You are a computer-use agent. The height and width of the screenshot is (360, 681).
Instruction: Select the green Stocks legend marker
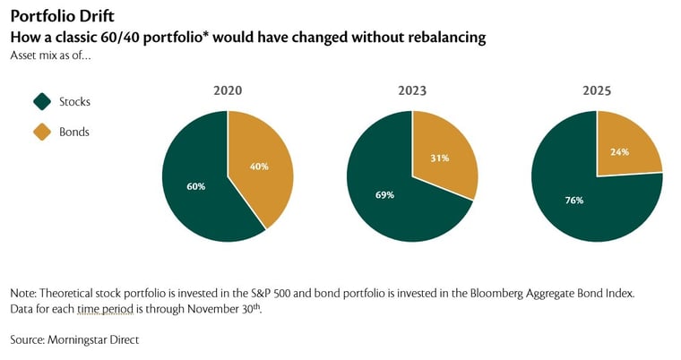click(41, 101)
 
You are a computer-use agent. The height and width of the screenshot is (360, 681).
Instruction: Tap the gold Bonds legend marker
click(41, 132)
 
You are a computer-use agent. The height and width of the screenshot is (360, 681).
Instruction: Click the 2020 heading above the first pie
click(228, 90)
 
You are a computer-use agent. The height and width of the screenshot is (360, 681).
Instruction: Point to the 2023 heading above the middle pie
click(412, 90)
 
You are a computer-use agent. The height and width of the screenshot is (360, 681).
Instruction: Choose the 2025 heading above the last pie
click(597, 90)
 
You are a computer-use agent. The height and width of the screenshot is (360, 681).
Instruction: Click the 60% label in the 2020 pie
click(196, 186)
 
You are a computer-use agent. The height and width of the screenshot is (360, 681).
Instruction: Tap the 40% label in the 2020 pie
click(258, 167)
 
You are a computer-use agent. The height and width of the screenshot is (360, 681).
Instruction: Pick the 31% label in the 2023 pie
click(440, 159)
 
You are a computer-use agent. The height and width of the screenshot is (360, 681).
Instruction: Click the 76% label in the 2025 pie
click(573, 200)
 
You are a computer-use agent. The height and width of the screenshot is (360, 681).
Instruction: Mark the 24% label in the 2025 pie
click(620, 151)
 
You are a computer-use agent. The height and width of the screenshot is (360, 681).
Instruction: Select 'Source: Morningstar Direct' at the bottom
click(75, 339)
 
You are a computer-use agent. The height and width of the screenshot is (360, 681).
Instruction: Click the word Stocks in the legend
click(74, 101)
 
